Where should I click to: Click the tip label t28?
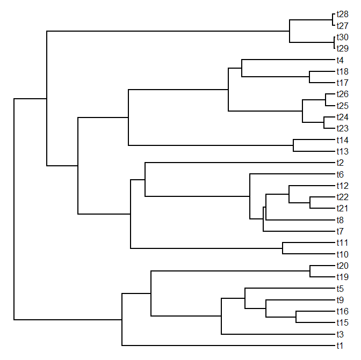(x=342, y=14)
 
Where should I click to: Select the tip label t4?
(x=340, y=60)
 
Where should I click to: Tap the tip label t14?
(x=342, y=140)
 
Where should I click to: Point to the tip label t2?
(x=340, y=163)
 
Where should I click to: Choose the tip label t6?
(x=340, y=174)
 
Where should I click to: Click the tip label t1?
(x=340, y=346)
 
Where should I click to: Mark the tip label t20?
(x=342, y=266)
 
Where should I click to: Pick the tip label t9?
(x=340, y=300)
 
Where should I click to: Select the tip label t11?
(x=342, y=243)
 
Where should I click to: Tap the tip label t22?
(x=342, y=197)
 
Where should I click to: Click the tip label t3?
(x=340, y=334)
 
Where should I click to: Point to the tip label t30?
(x=342, y=37)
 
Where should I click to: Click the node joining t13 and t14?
(x=293, y=145)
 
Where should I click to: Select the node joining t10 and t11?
(x=283, y=248)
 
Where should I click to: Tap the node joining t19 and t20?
(x=310, y=271)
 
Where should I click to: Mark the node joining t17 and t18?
(x=310, y=77)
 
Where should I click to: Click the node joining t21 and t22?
(x=310, y=203)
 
